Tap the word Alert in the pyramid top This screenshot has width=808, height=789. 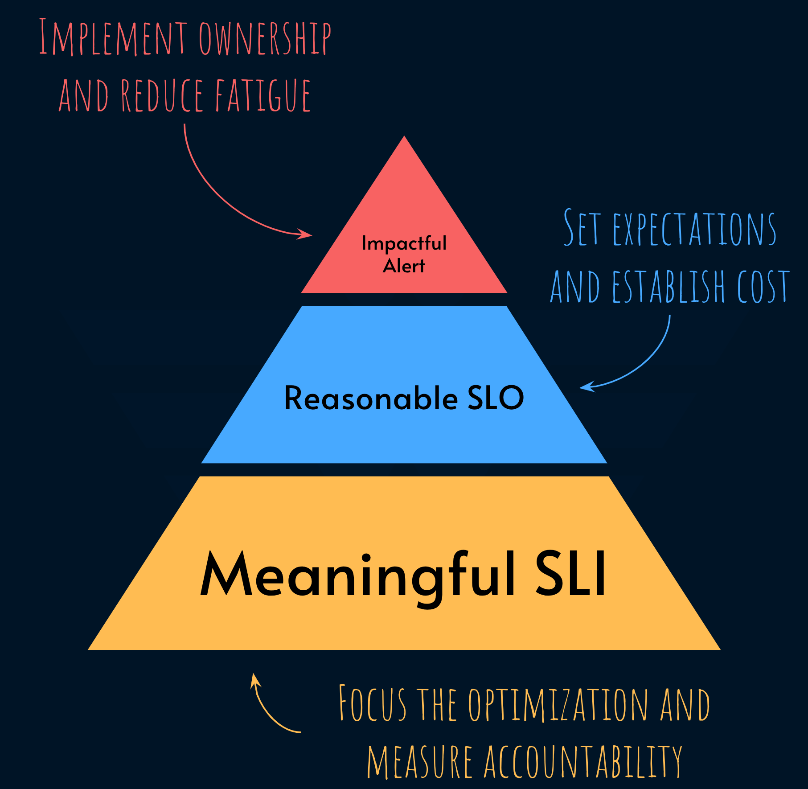(404, 266)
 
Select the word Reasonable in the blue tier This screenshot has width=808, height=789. (371, 398)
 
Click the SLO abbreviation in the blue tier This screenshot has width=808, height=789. (496, 398)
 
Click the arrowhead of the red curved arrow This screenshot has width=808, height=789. (306, 234)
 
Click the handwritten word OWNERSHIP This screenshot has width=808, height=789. (265, 39)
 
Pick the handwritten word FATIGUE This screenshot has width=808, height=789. (263, 95)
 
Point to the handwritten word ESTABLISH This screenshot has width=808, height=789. (669, 287)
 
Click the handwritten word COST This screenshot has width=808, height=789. (763, 287)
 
